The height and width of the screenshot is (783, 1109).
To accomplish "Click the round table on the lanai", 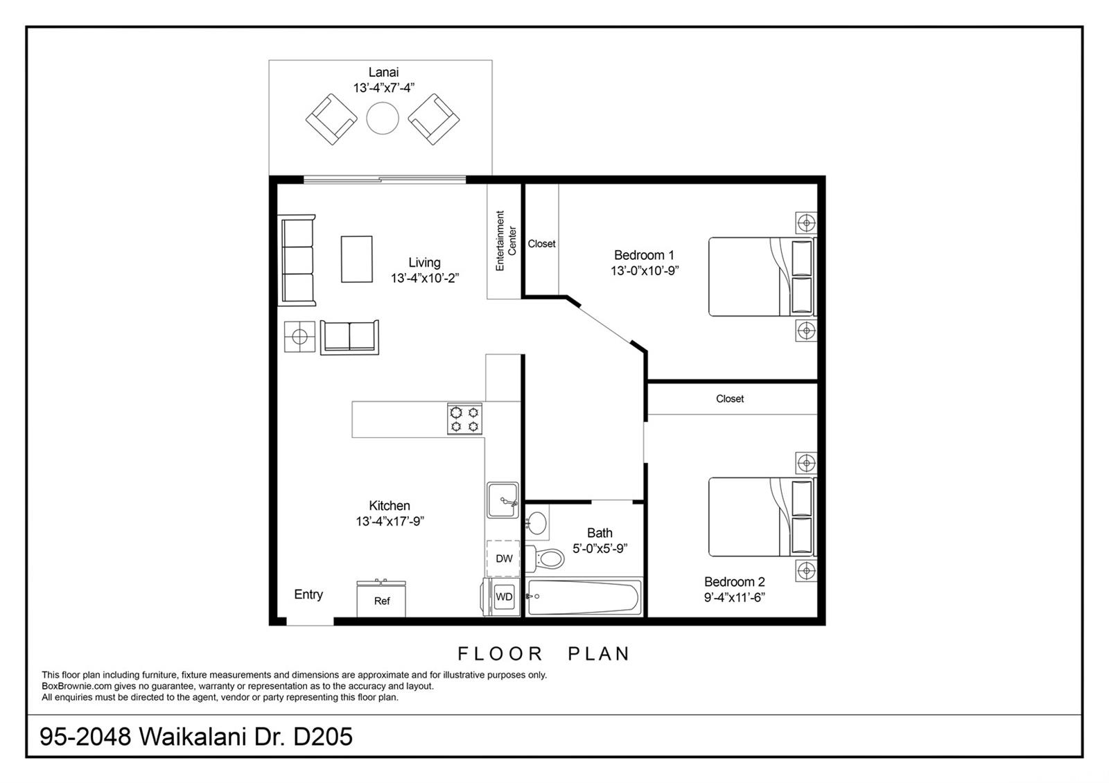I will coord(383,118).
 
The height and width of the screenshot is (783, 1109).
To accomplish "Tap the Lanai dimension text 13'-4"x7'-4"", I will coord(383,88).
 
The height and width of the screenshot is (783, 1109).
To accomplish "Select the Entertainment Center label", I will coord(505,240).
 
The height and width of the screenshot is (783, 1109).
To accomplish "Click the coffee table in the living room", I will coord(356,259).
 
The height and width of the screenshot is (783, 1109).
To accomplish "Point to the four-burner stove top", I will coord(464,419).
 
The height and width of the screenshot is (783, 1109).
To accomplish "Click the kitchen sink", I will coord(503,500).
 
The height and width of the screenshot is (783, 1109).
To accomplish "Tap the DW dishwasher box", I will coord(504,558).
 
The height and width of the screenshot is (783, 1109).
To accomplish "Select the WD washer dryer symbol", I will coord(504,597).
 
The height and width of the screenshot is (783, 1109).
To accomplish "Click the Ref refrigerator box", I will coord(381,601).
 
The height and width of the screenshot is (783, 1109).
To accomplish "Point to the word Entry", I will coord(308,595).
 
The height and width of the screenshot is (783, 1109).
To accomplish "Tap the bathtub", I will coord(584,597).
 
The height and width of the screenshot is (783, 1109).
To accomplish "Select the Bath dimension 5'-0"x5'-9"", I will coord(600,548).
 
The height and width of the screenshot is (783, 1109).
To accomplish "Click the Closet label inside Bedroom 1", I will coord(541,244).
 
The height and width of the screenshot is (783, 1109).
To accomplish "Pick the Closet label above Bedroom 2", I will coord(730,398).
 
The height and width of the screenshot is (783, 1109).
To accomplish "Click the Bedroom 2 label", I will coord(734,582).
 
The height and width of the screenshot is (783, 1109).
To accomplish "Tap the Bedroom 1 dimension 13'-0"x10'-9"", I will coord(644,271).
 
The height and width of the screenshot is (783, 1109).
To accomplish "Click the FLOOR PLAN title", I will coord(543,653).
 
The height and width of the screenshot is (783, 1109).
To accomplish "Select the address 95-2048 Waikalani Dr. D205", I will coord(196,736).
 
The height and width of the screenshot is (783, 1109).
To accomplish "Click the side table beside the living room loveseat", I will coord(299,337).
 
